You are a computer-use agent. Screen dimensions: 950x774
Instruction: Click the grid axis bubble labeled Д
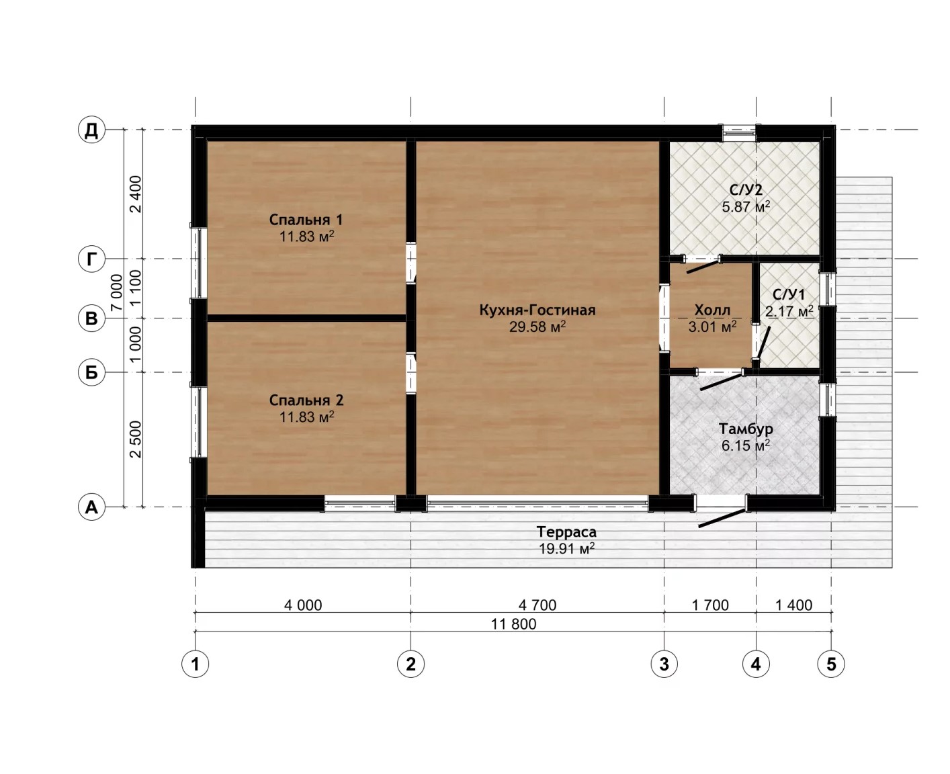pos(91,130)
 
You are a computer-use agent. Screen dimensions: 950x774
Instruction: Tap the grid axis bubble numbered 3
pos(664,664)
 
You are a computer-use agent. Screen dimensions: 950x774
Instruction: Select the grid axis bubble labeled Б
pos(91,372)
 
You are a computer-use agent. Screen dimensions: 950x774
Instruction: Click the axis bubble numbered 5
pos(831,664)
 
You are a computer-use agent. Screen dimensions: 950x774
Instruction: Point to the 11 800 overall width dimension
pos(513,623)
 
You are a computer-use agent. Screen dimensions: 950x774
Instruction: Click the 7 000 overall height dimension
pos(116,292)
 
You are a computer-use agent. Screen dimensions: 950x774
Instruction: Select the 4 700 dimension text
pos(537,605)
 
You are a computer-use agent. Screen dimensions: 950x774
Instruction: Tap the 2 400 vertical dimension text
pos(135,194)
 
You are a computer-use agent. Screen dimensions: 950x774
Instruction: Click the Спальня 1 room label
pos(306,219)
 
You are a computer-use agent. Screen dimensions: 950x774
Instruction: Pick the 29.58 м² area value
pos(537,327)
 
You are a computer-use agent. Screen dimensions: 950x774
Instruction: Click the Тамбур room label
pos(746,429)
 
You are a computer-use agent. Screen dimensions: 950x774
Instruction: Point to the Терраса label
pos(566,531)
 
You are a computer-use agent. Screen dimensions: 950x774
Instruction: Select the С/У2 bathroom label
pos(746,189)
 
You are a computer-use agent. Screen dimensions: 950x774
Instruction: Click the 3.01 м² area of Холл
pos(712,327)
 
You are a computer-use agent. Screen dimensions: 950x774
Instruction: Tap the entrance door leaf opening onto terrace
pos(722,518)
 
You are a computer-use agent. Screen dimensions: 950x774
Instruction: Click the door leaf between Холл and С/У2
pos(703,266)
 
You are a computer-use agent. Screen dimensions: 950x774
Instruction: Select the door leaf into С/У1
pos(763,343)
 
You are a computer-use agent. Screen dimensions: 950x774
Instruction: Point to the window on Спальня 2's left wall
pos(198,422)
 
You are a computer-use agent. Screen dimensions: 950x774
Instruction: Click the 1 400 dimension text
pos(793,605)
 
